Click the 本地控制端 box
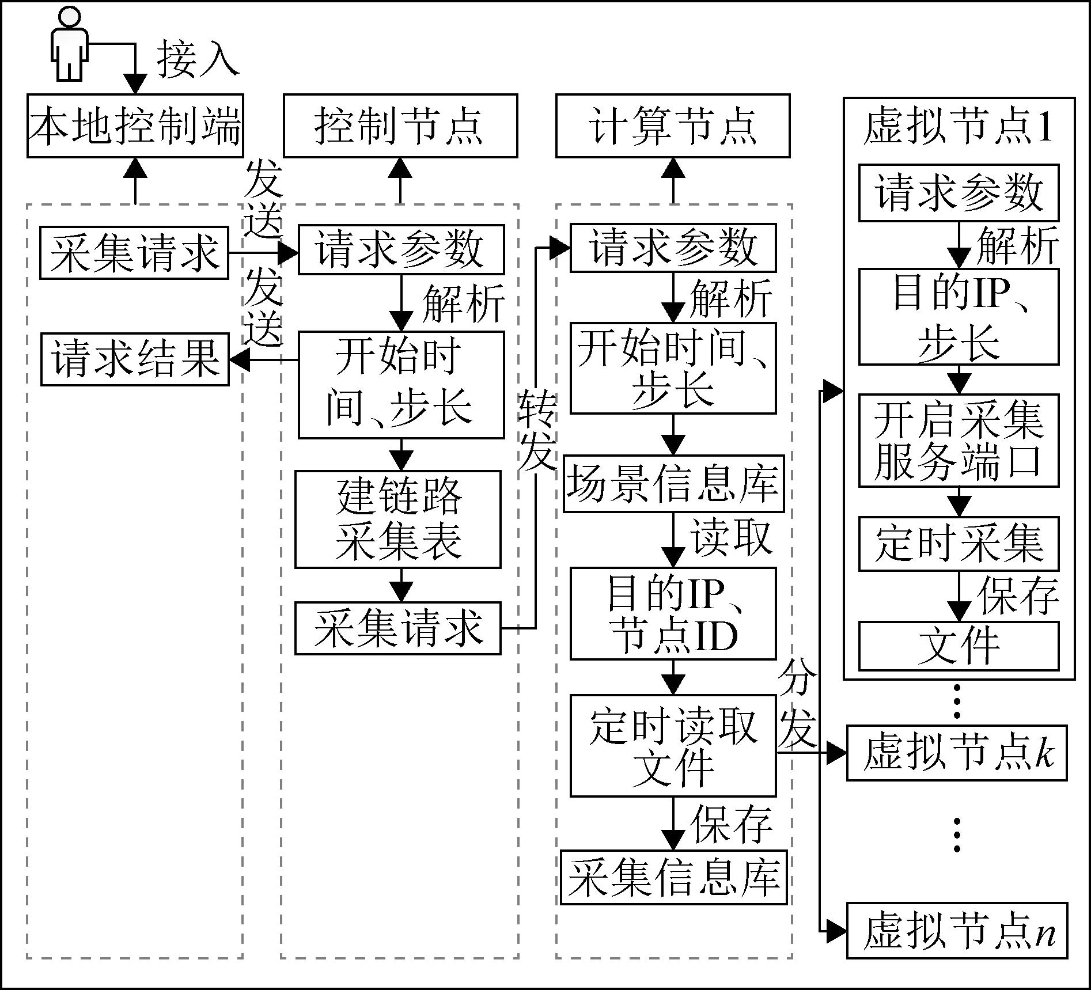(135, 126)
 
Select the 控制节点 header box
(400, 126)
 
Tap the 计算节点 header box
(673, 126)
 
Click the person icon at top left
(69, 43)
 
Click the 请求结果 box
(135, 359)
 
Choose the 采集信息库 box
(673, 876)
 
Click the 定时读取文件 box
(673, 746)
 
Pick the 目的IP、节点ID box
(673, 613)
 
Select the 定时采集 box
(959, 544)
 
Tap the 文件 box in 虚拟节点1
(959, 646)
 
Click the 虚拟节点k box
(957, 753)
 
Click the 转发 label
(536, 429)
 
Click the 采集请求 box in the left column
(134, 253)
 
